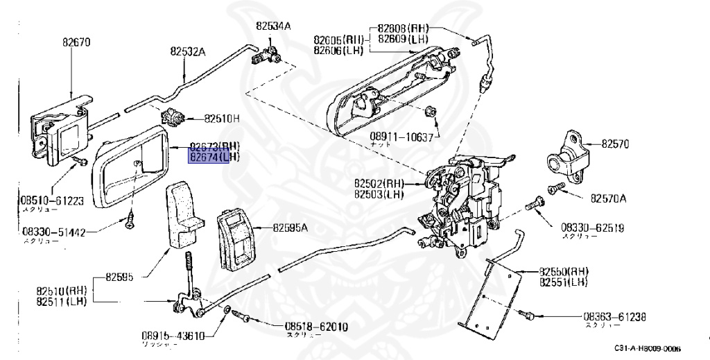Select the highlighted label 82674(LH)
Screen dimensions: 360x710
click(215, 158)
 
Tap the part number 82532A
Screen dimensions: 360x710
click(188, 51)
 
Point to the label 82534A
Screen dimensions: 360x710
click(273, 26)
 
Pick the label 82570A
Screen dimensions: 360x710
click(608, 198)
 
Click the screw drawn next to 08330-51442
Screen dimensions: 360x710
click(130, 221)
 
